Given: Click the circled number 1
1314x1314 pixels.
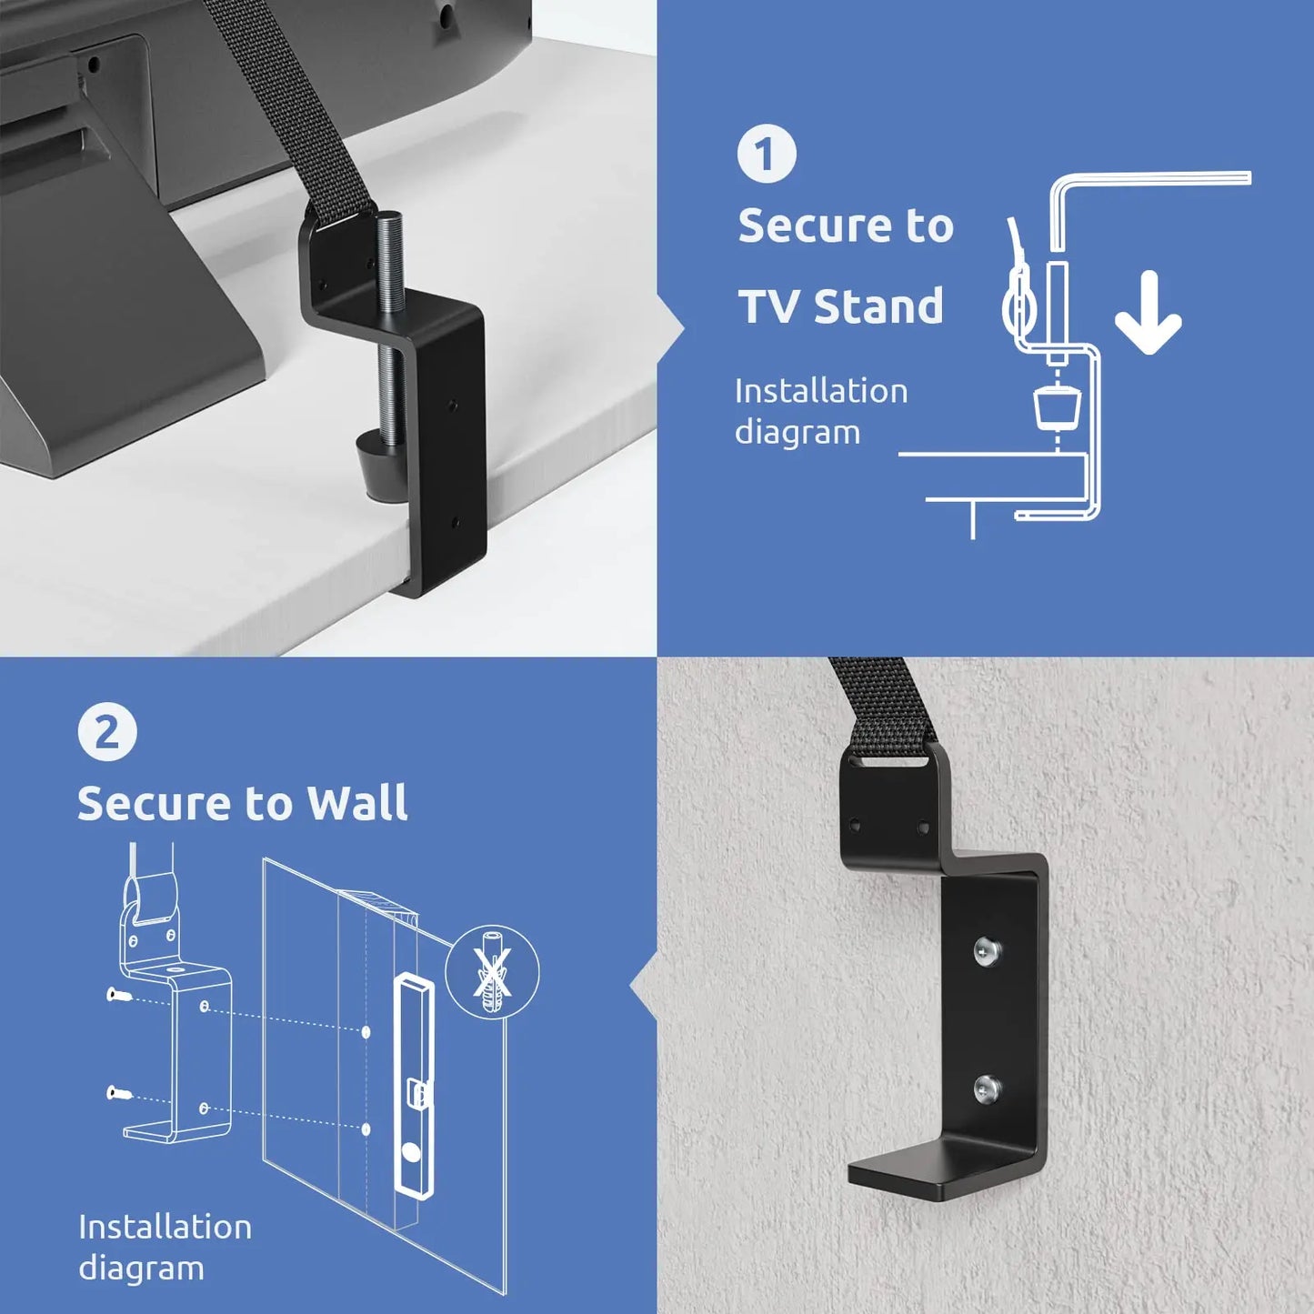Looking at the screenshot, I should coord(766,154).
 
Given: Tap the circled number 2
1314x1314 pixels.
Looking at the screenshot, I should coord(107,733).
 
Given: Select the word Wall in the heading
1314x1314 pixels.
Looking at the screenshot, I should coord(356,803).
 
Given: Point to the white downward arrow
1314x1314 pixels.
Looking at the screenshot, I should coord(1148,314).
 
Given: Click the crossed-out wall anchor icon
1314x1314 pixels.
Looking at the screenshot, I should coord(492,972).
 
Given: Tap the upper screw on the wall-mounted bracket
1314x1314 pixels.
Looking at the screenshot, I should coord(987,951).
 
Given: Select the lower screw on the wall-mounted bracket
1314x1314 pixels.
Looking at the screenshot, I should coord(987,1088).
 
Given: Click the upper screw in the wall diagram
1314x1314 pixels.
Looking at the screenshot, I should coord(118,995).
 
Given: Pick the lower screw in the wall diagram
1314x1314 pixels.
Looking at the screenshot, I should coord(118,1092).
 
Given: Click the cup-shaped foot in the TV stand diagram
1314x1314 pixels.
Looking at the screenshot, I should coord(1058,406).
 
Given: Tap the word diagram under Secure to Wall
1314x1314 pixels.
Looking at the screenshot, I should coord(141,1269).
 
